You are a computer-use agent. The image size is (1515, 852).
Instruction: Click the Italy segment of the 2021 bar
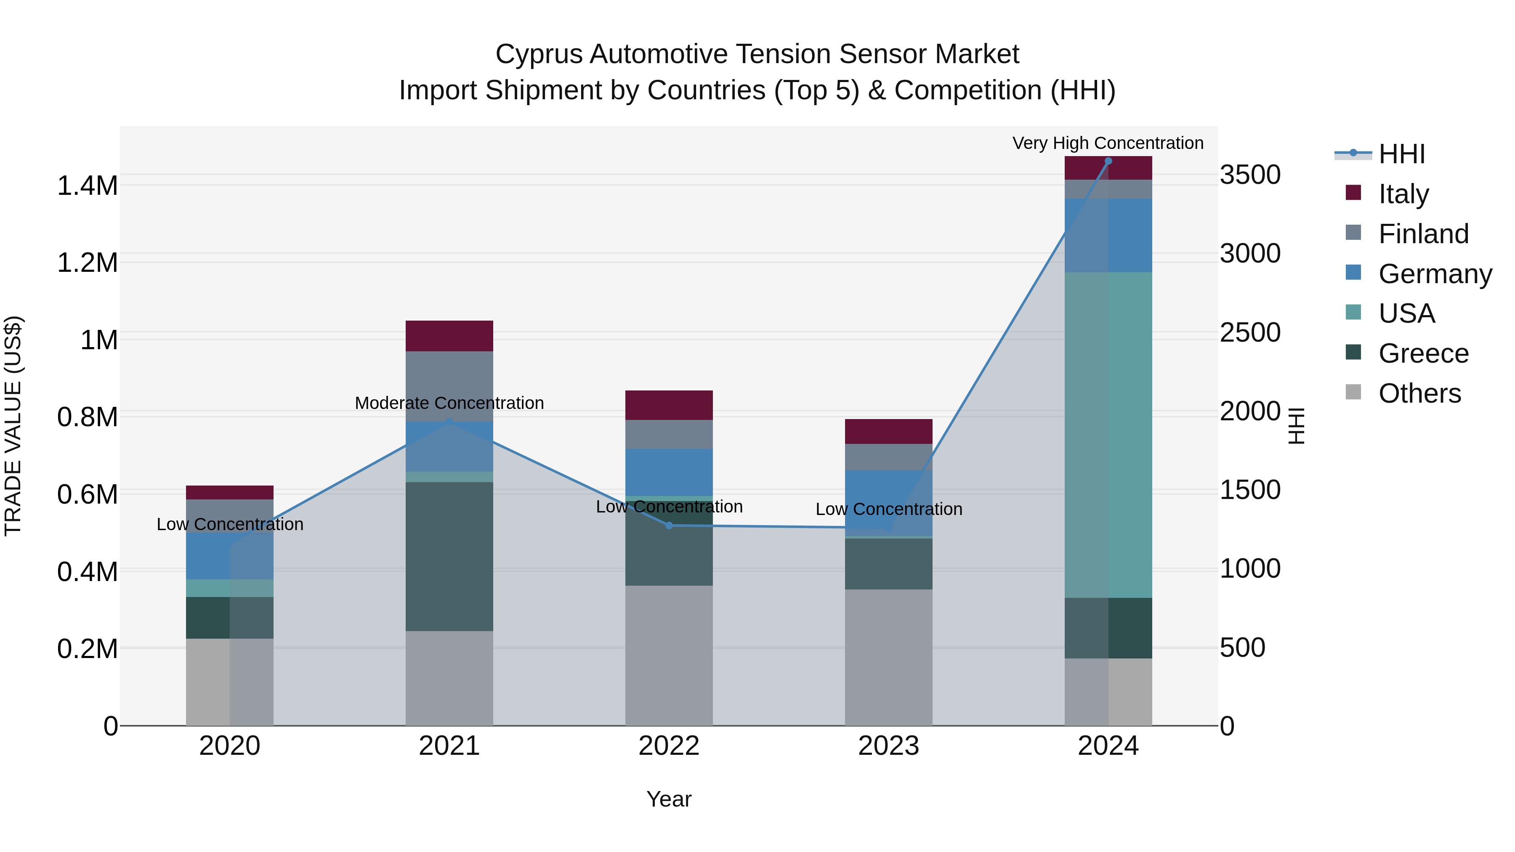[x=449, y=336]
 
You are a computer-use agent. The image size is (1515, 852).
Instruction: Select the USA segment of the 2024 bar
[x=1108, y=435]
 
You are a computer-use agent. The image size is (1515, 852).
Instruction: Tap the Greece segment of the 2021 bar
[x=449, y=556]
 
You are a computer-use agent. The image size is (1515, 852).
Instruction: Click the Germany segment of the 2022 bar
[x=669, y=472]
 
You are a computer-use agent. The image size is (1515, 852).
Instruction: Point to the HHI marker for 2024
[x=1108, y=161]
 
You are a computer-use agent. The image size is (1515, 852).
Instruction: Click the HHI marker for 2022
[x=669, y=525]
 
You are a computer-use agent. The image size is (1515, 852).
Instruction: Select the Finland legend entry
[x=1423, y=234]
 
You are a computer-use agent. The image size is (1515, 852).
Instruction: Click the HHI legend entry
[x=1401, y=154]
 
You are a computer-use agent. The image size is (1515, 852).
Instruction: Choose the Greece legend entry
[x=1423, y=353]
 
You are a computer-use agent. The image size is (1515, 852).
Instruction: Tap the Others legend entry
[x=1419, y=393]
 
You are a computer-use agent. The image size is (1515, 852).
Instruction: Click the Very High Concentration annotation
[x=1108, y=143]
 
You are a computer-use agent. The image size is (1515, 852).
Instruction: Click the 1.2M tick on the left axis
[x=87, y=263]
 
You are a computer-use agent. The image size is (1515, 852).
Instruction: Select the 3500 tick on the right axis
[x=1250, y=175]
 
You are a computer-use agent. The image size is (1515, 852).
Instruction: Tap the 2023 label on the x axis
[x=888, y=746]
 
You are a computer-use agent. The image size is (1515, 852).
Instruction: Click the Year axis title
[x=669, y=799]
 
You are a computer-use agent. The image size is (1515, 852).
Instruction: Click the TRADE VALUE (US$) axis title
[x=13, y=426]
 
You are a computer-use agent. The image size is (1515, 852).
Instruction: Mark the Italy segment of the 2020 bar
[x=229, y=492]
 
